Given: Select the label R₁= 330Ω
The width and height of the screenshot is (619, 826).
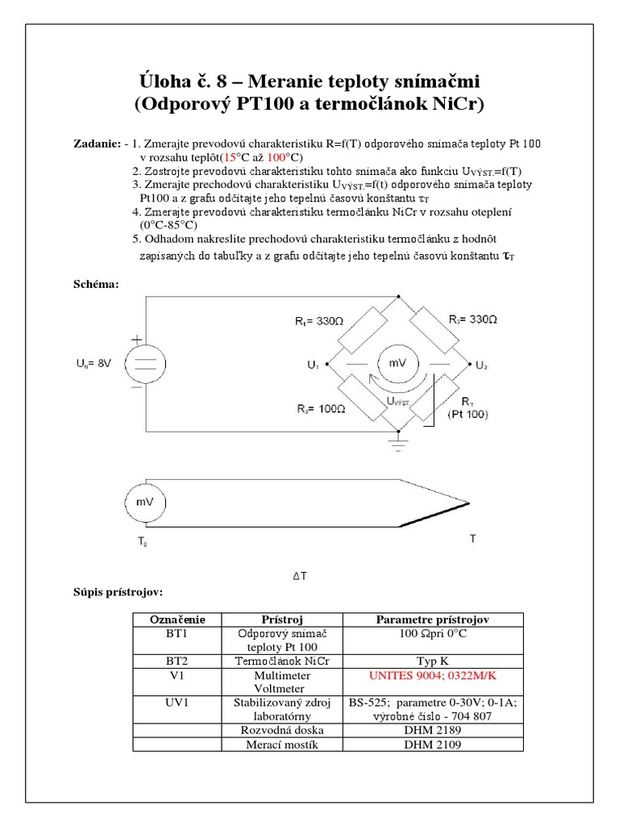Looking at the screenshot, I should click(318, 321).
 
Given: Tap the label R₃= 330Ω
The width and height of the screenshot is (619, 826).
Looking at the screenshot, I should click(473, 319).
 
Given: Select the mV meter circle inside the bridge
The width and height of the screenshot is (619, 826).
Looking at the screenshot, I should click(397, 363).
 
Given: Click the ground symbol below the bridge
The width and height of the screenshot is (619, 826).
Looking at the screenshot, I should click(395, 441).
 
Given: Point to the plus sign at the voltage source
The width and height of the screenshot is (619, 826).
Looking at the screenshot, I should click(136, 340).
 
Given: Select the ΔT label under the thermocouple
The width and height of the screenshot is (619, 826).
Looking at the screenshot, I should click(299, 576).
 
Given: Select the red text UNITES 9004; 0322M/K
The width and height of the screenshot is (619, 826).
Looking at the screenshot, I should click(434, 672).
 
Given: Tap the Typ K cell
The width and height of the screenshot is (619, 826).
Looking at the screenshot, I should click(434, 659).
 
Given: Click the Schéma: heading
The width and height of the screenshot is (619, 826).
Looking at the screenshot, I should click(96, 284).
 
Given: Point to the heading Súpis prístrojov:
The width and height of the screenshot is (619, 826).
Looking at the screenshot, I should click(118, 593).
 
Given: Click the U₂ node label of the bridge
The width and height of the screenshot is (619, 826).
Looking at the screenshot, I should click(481, 365).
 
